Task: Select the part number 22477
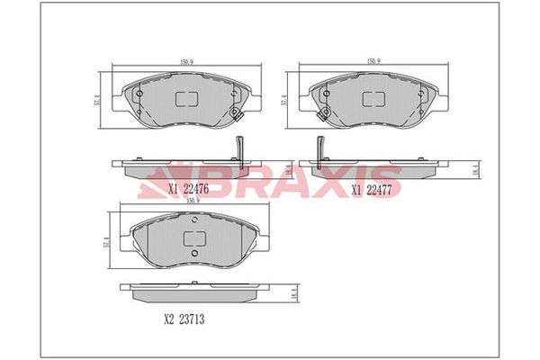tap(380, 189)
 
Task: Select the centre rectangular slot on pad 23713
tap(193, 238)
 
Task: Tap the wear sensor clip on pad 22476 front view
tap(237, 113)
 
